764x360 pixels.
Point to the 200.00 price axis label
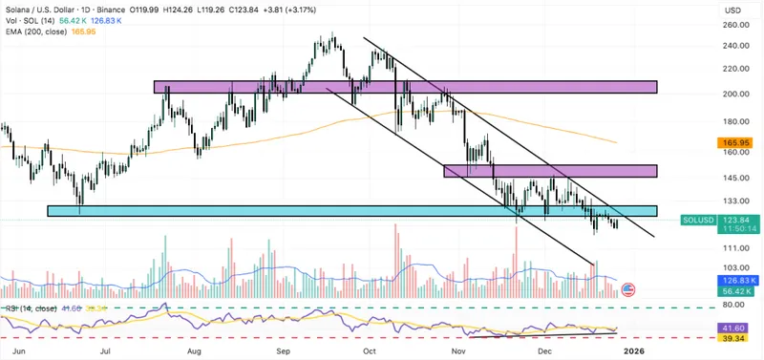coord(735,94)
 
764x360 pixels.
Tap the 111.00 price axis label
coord(735,246)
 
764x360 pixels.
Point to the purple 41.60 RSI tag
coord(735,327)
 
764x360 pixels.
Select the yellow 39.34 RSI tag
coord(735,338)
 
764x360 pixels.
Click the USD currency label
coord(733,10)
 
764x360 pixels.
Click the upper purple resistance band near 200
coord(405,87)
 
